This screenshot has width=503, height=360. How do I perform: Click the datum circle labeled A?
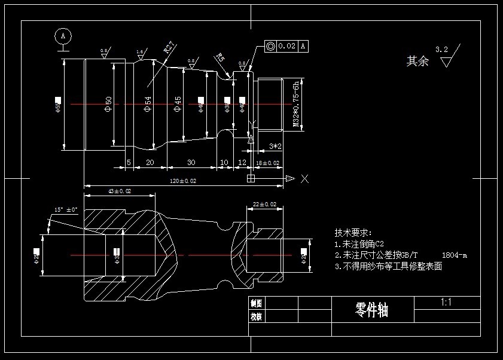(63, 36)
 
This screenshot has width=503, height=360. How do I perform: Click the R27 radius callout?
(169, 47)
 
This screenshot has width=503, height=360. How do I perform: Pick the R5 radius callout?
(220, 58)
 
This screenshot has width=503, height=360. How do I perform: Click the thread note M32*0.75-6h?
(295, 103)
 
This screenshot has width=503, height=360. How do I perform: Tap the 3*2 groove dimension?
(275, 146)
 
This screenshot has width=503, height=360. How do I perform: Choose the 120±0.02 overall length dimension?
(183, 181)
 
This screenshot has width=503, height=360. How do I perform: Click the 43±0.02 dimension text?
(119, 191)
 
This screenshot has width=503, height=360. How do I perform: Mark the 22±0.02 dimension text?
(265, 204)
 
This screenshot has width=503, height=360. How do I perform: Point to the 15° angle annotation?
(65, 210)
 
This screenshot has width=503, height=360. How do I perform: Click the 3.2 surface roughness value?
(442, 50)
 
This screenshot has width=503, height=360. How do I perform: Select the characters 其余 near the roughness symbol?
(417, 61)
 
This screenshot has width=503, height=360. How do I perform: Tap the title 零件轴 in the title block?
(371, 310)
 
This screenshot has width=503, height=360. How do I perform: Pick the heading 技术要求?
(353, 233)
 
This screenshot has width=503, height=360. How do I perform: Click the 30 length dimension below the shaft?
(191, 163)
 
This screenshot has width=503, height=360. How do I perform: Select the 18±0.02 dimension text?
(267, 163)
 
